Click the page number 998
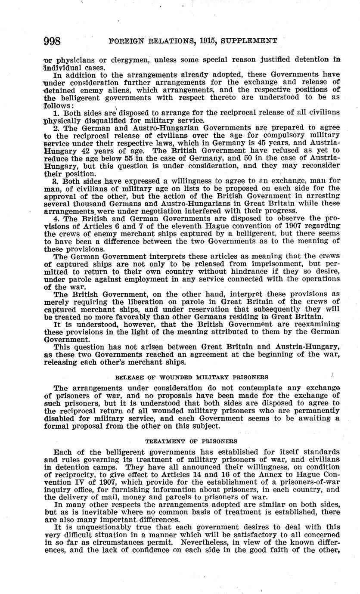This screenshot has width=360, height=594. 53,41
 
